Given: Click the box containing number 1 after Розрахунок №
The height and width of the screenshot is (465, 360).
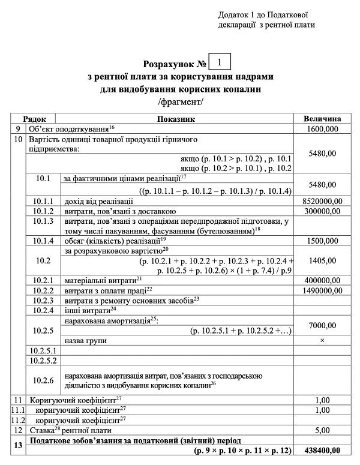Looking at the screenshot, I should point(220,62).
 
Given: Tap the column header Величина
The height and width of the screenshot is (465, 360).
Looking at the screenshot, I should point(322,119).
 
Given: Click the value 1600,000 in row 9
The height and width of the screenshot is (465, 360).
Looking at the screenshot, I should point(322,129).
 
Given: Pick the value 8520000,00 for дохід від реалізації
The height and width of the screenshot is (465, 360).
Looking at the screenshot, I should point(322,201).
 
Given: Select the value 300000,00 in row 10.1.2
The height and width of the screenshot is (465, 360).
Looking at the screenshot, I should point(322,211).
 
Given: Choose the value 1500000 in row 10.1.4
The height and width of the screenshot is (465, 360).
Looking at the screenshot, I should point(322,240).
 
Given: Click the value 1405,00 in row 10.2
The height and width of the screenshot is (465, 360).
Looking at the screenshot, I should point(322,262).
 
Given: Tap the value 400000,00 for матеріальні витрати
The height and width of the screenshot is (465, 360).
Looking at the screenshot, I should point(322,280).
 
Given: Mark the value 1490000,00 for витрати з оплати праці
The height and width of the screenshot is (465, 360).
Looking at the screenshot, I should point(322,290).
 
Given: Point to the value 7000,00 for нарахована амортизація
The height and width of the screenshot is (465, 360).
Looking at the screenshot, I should point(322,325).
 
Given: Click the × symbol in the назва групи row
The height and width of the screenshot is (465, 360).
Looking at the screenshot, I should point(322,340).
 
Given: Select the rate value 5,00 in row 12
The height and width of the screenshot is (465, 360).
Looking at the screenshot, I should point(322,430).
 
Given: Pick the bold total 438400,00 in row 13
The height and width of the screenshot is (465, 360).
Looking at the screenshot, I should point(322,450).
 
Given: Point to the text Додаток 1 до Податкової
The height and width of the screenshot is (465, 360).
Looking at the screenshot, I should point(268,14).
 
